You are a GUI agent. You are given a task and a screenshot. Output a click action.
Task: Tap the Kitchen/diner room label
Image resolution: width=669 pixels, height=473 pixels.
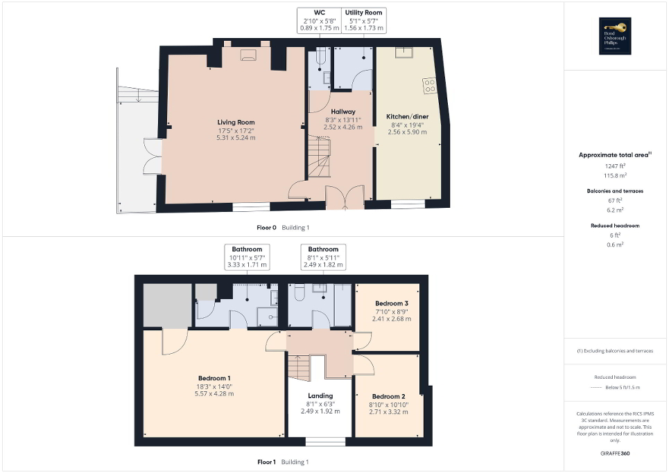[407, 117]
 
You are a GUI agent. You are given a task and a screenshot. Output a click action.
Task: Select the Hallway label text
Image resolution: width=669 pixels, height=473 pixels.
[342, 111]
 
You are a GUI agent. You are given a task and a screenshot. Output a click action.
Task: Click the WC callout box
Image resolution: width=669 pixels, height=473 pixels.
[320, 20]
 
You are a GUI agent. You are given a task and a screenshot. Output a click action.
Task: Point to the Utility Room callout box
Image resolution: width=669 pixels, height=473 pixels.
[364, 20]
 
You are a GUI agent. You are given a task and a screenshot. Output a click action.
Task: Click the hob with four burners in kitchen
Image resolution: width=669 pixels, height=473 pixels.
[430, 86]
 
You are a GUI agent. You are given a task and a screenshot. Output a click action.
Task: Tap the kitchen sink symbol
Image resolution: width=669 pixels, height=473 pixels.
[402, 52]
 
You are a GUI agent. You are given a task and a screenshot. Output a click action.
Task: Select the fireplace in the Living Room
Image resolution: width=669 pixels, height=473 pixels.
[248, 56]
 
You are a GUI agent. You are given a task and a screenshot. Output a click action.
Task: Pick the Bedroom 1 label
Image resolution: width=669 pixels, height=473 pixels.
[214, 378]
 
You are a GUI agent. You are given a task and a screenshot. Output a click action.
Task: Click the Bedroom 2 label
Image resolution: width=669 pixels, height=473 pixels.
[389, 397]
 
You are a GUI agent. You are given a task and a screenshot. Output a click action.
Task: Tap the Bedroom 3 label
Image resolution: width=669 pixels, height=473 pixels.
[392, 303]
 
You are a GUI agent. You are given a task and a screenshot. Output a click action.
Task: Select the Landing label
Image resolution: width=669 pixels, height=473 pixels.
[320, 395]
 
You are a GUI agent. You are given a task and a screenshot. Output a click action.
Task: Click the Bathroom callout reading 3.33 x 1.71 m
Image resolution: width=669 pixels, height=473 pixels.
[247, 257]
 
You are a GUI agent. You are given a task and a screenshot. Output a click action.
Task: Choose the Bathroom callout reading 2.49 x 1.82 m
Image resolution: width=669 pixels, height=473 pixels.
[323, 257]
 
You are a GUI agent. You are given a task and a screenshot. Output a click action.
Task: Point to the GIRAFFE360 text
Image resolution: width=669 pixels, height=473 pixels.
[616, 454]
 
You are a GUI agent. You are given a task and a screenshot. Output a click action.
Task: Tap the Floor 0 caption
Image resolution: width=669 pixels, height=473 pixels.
[266, 227]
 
